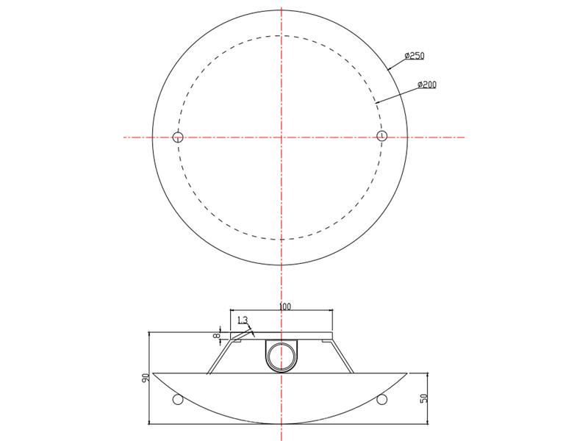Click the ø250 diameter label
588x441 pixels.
tap(415, 56)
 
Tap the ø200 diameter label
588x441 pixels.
tap(426, 85)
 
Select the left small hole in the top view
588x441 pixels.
tap(177, 136)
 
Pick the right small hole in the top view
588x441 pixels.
tap(381, 136)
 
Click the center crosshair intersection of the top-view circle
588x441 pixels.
tap(279, 137)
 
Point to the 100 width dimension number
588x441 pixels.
tap(285, 305)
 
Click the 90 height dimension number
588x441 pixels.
tap(146, 379)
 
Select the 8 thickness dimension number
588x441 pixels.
tap(218, 334)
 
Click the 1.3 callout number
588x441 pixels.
tap(243, 320)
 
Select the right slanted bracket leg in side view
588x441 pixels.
tap(343, 356)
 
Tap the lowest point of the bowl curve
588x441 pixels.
tap(279, 424)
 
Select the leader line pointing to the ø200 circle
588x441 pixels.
tap(397, 93)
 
